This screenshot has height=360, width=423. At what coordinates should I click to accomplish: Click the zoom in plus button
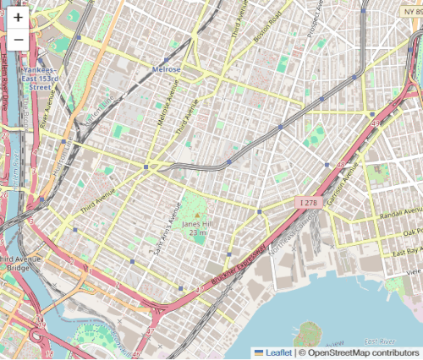(18, 17)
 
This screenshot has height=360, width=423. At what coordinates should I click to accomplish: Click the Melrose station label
(167, 68)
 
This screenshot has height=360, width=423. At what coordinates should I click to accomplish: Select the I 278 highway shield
(310, 204)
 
